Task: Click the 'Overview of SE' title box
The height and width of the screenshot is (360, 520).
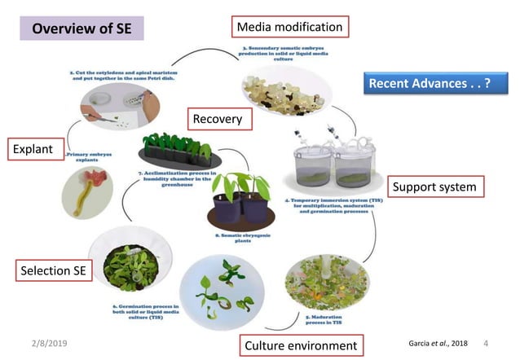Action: tap(82, 29)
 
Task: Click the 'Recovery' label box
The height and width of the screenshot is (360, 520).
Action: tap(217, 119)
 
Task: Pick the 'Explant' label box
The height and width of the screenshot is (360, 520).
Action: tap(32, 149)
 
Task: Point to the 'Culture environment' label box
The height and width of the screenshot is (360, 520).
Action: tap(301, 345)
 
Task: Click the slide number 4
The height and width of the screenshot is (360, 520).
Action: tap(486, 344)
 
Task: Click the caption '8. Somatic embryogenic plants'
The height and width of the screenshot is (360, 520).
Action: tap(245, 238)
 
